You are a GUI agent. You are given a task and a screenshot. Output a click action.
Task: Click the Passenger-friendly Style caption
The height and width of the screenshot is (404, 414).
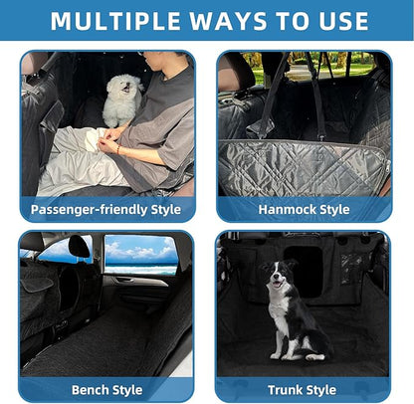click(105, 209)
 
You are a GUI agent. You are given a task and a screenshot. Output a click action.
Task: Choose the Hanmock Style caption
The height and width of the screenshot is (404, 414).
click(304, 209)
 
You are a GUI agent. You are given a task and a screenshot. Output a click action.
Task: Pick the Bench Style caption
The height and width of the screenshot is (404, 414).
click(105, 389)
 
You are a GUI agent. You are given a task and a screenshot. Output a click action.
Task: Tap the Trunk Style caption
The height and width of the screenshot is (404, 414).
click(303, 389)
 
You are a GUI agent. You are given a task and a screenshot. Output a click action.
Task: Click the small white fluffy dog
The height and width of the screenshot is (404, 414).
click(124, 101)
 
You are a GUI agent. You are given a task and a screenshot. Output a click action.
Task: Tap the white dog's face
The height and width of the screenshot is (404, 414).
click(124, 88)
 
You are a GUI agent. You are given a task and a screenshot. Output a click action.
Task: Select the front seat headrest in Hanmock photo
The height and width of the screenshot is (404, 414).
click(240, 73)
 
